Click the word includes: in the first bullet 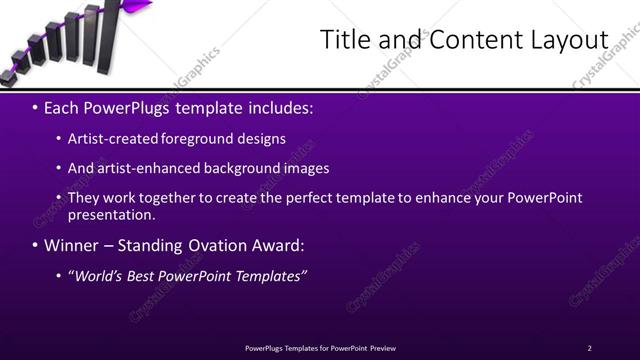tap(280, 106)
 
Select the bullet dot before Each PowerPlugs tap(36, 106)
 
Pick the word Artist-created tap(113, 139)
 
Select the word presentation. tap(110, 214)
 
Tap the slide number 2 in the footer tap(589, 348)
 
